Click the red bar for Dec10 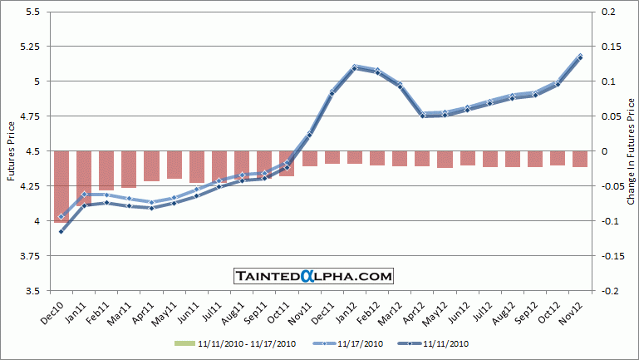61,186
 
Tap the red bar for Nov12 579,159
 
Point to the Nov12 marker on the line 579,57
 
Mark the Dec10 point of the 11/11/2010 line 61,231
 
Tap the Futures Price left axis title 11,151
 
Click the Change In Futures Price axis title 631,151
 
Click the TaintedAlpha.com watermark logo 313,275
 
